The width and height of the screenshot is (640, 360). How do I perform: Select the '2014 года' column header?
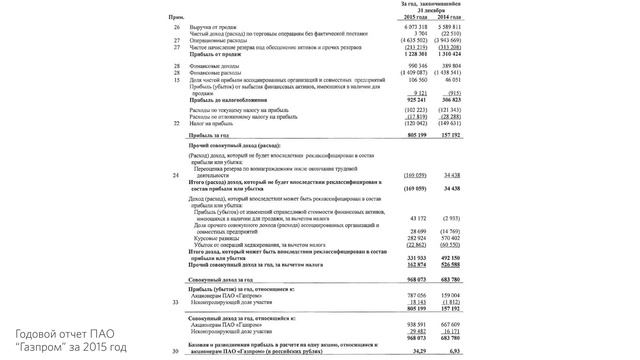point(448,17)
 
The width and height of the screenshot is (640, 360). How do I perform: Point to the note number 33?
point(177,301)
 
